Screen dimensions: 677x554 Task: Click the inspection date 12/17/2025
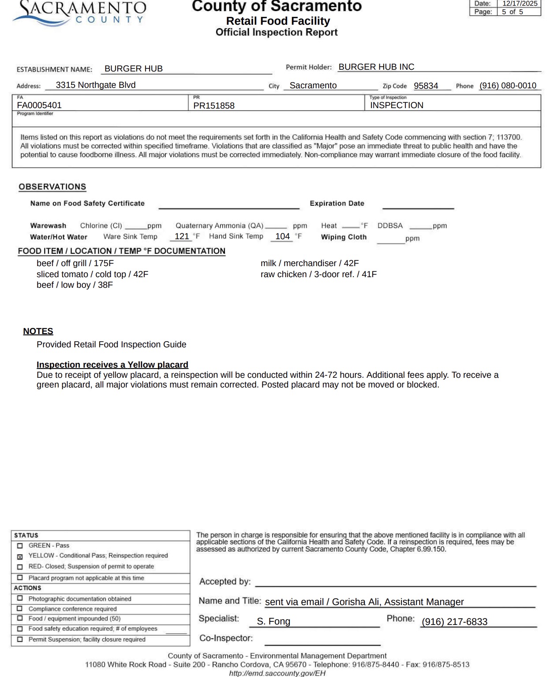point(520,4)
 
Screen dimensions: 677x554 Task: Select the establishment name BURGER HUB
point(134,69)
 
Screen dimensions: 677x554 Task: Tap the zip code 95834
point(426,86)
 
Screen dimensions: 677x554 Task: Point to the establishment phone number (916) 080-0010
point(508,86)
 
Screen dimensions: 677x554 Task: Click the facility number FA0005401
point(39,105)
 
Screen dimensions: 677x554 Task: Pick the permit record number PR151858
point(214,106)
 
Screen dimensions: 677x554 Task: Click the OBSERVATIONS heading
point(52,187)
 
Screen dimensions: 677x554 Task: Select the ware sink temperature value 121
point(182,236)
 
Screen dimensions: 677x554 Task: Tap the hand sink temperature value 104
point(282,236)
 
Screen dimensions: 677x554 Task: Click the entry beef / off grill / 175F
point(75,263)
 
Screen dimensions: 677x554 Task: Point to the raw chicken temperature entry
point(318,275)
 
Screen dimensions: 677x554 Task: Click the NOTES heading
point(38,331)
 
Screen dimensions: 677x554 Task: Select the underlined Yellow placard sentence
point(112,365)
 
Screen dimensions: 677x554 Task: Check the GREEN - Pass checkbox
point(20,546)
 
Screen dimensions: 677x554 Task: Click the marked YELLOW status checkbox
point(20,557)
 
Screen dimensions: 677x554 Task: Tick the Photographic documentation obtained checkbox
point(20,598)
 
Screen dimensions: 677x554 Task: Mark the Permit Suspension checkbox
point(20,639)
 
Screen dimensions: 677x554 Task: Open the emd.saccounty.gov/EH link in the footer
point(277,673)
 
